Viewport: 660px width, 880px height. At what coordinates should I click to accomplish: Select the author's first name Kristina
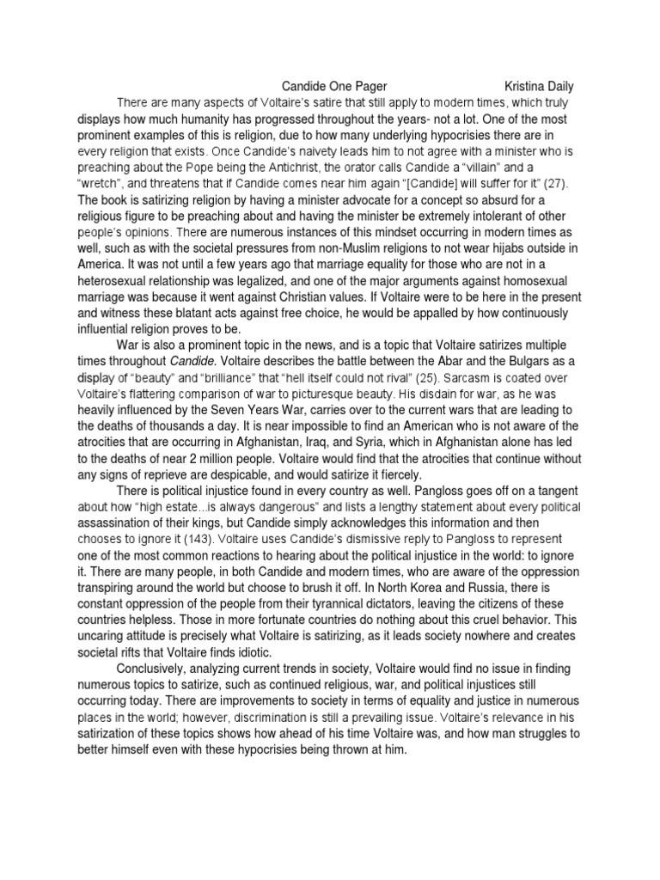coord(529,86)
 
